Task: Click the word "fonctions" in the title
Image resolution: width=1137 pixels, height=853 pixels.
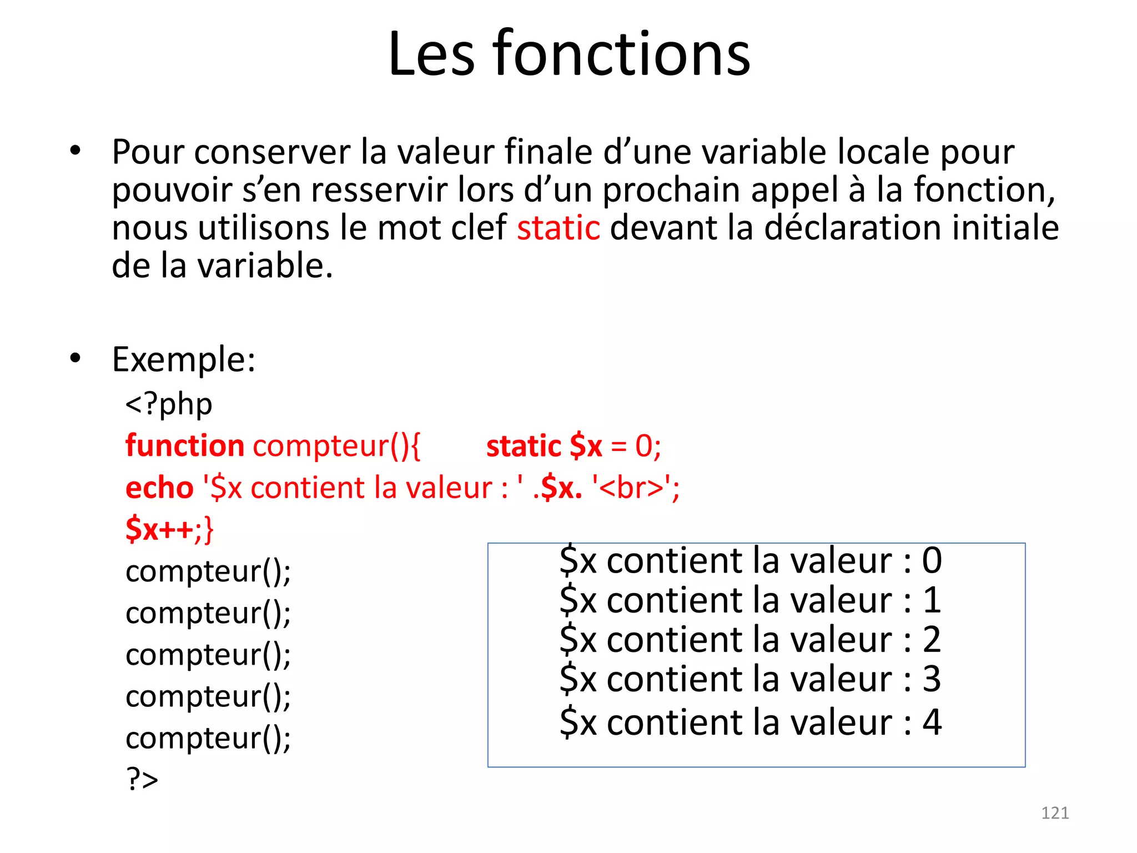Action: point(621,54)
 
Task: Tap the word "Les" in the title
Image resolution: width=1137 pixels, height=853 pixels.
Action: point(431,54)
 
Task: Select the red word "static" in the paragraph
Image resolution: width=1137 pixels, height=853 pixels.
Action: point(559,228)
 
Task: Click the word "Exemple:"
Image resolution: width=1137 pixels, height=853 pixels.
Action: point(184,359)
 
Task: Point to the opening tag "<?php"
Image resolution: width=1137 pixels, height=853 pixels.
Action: point(169,404)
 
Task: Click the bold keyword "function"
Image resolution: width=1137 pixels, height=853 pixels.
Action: point(185,446)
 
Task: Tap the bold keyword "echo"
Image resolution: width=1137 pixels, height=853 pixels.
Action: point(159,488)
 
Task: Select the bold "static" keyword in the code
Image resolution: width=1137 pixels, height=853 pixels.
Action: point(524,446)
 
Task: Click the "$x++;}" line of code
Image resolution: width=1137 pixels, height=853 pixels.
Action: point(169,529)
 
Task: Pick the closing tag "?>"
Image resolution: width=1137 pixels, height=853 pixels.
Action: point(142,779)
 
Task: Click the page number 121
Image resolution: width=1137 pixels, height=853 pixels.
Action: point(1055,813)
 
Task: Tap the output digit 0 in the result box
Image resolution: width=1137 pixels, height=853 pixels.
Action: point(932,560)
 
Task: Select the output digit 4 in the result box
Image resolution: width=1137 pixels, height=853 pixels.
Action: point(932,722)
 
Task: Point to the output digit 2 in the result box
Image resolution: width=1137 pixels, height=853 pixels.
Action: point(932,640)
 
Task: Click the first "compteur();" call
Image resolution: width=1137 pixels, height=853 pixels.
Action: point(208,571)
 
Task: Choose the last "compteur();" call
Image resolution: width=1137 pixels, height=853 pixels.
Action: point(208,738)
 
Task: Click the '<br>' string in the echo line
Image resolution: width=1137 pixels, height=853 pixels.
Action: point(632,488)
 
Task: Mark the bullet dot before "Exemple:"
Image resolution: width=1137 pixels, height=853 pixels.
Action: point(76,358)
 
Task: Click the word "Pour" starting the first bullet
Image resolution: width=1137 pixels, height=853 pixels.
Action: point(148,152)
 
